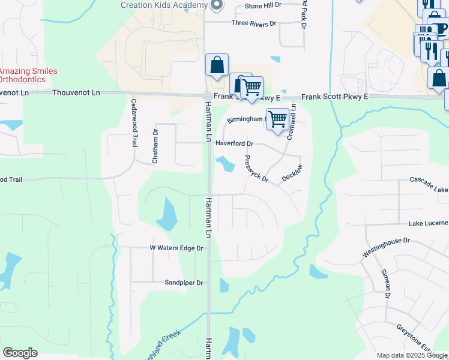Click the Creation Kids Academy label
[x=163, y=5]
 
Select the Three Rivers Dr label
[x=254, y=23]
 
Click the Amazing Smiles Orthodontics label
[x=28, y=75]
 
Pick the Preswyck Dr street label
[x=256, y=169]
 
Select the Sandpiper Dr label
[x=184, y=283]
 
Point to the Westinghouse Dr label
[x=385, y=248]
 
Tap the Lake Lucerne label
[x=428, y=223]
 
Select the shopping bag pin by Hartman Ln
[x=217, y=65]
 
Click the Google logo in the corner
[x=20, y=353]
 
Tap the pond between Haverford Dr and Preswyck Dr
[x=226, y=163]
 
